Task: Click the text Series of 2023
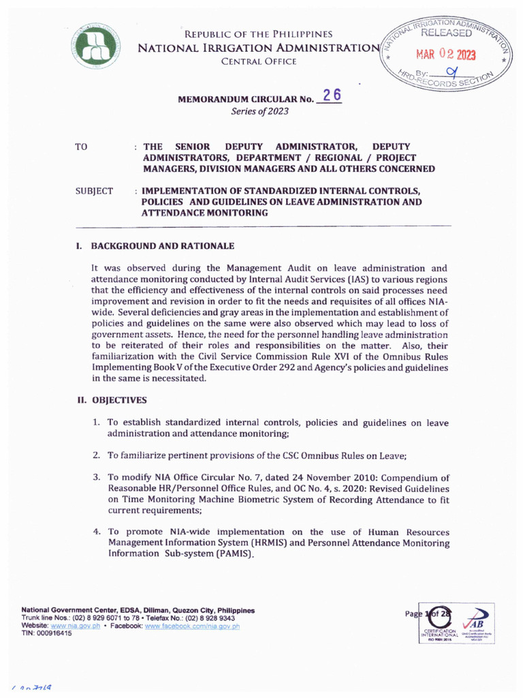(261, 112)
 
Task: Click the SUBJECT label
(94, 192)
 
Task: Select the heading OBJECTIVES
(119, 400)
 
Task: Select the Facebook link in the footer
(192, 626)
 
